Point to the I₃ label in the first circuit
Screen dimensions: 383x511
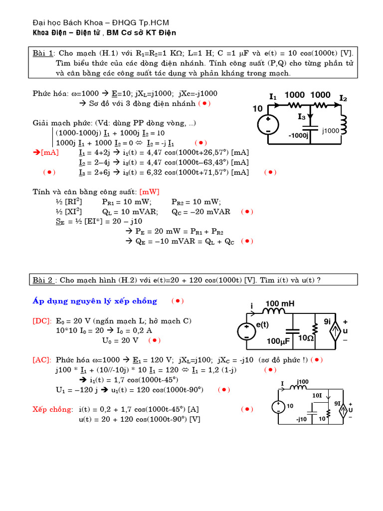[302, 117]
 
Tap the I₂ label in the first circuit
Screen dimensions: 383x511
[343, 98]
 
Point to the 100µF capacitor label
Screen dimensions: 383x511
[278, 341]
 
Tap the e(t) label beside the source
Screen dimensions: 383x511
[262, 324]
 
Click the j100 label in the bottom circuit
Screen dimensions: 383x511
[303, 382]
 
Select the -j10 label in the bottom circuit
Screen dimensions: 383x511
[301, 419]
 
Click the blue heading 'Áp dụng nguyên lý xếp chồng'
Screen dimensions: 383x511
[95, 301]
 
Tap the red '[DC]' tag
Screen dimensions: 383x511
[41, 321]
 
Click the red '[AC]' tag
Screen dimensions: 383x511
[41, 359]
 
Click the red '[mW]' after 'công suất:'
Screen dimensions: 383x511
[150, 192]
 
